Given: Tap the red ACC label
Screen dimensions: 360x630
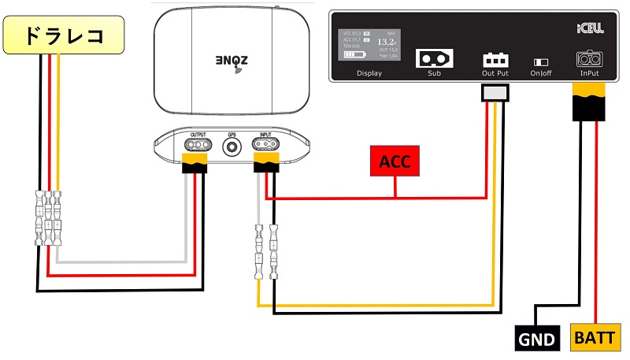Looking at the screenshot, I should [395, 162].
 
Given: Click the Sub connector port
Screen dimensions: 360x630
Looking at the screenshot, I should [434, 58].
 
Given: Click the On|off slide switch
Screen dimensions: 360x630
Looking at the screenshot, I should [543, 61].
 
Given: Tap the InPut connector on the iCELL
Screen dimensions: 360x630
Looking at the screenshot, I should [588, 59].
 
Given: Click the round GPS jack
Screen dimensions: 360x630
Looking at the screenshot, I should [232, 147].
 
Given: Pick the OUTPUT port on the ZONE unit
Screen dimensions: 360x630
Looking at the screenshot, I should [198, 146].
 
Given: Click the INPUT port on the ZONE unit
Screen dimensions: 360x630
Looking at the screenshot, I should [265, 146].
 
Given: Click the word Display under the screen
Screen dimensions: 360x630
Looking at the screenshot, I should [369, 73].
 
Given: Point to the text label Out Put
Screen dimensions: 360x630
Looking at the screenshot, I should [495, 73].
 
